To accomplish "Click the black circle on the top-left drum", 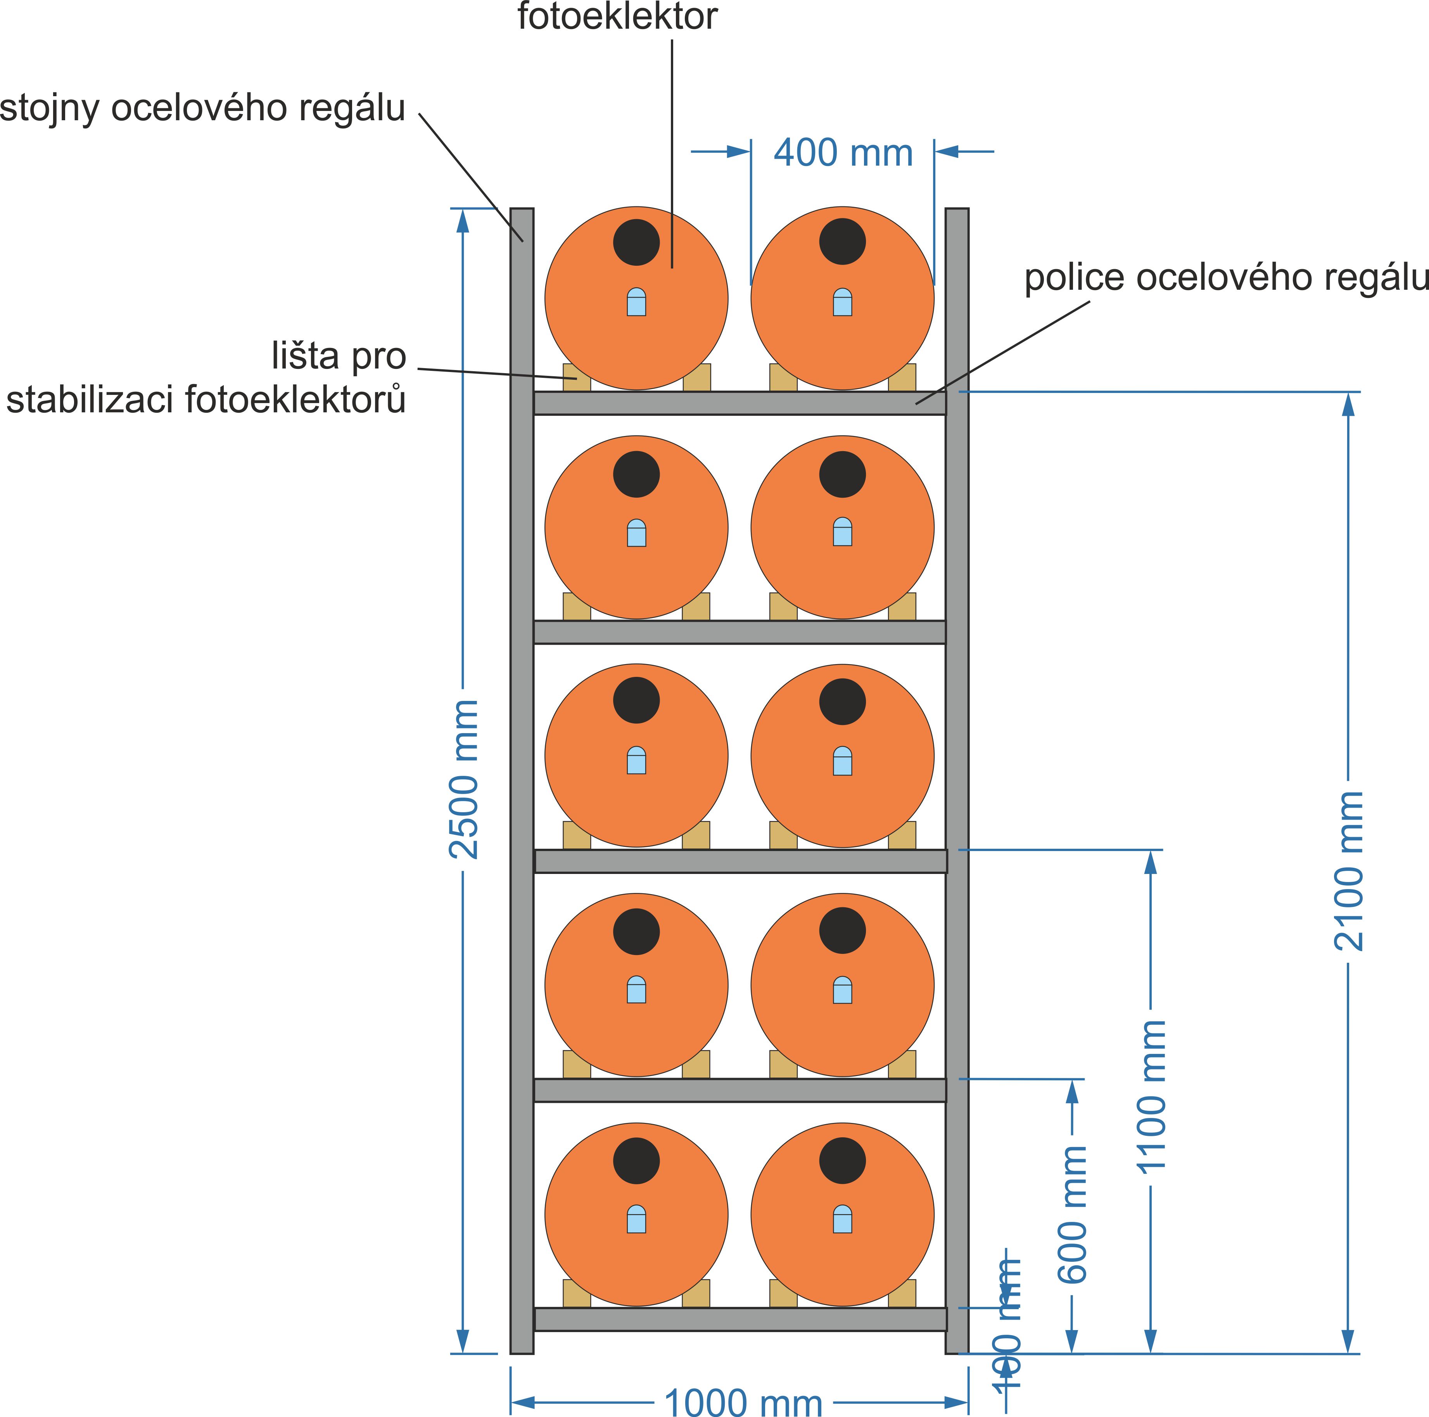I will point(636,242).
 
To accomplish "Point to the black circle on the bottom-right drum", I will point(842,1160).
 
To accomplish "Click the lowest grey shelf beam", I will point(740,1318).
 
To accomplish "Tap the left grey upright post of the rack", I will point(522,777).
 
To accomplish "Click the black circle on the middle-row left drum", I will point(636,700).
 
